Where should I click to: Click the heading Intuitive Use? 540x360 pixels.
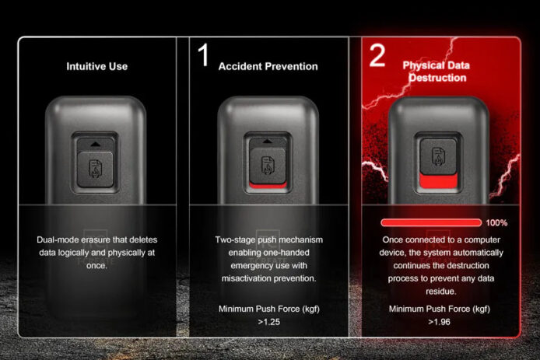click(x=96, y=66)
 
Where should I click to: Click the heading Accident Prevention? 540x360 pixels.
click(x=268, y=66)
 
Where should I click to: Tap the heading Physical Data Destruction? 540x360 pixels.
click(x=437, y=72)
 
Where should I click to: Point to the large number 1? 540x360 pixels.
click(x=204, y=54)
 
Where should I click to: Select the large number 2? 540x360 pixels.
click(x=377, y=55)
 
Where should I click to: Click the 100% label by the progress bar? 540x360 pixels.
click(x=496, y=223)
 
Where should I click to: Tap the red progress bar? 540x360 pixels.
click(x=431, y=222)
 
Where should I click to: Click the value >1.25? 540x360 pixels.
click(x=269, y=322)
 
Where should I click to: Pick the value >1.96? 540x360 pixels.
click(x=439, y=322)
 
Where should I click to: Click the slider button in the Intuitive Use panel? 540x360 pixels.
click(x=95, y=170)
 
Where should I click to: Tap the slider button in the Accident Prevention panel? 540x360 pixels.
click(x=268, y=166)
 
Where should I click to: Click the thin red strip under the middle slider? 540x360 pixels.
click(x=268, y=186)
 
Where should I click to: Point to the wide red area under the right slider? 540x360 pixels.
click(x=438, y=180)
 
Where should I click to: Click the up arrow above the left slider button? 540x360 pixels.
click(x=96, y=145)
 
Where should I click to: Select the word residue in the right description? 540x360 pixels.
click(x=440, y=292)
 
